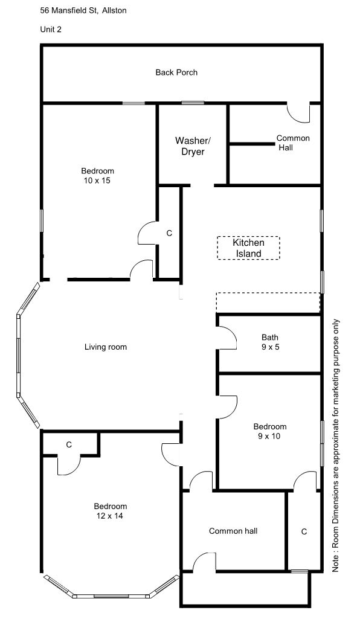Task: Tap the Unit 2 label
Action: [50, 28]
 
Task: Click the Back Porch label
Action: [176, 72]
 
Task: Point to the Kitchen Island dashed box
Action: [248, 248]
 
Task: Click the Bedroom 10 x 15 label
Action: [97, 176]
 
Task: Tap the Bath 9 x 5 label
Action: [269, 342]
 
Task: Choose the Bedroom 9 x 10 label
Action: [269, 431]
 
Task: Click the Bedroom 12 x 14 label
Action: [110, 511]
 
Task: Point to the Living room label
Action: [106, 347]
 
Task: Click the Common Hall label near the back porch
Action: [293, 143]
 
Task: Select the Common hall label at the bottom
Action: [233, 531]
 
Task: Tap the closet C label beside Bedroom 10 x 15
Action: [169, 233]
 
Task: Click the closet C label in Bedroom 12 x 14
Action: [69, 444]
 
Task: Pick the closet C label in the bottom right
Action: [304, 531]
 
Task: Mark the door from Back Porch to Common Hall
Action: [298, 112]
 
